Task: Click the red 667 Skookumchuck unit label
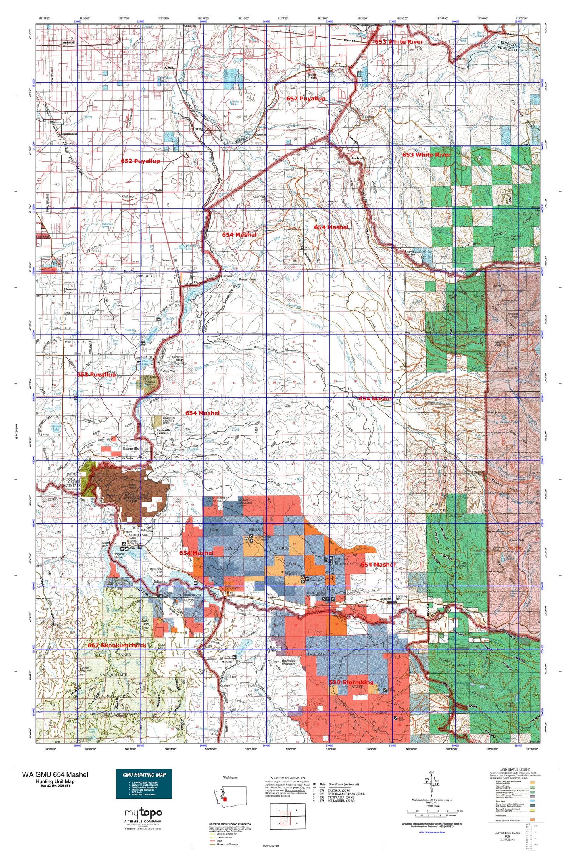pos(117,646)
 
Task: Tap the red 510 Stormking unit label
pos(351,682)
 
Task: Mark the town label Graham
pos(128,196)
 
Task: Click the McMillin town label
pos(170,68)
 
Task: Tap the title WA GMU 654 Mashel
pos(55,774)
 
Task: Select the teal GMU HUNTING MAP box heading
pos(144,774)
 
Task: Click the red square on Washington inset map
pos(225,799)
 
